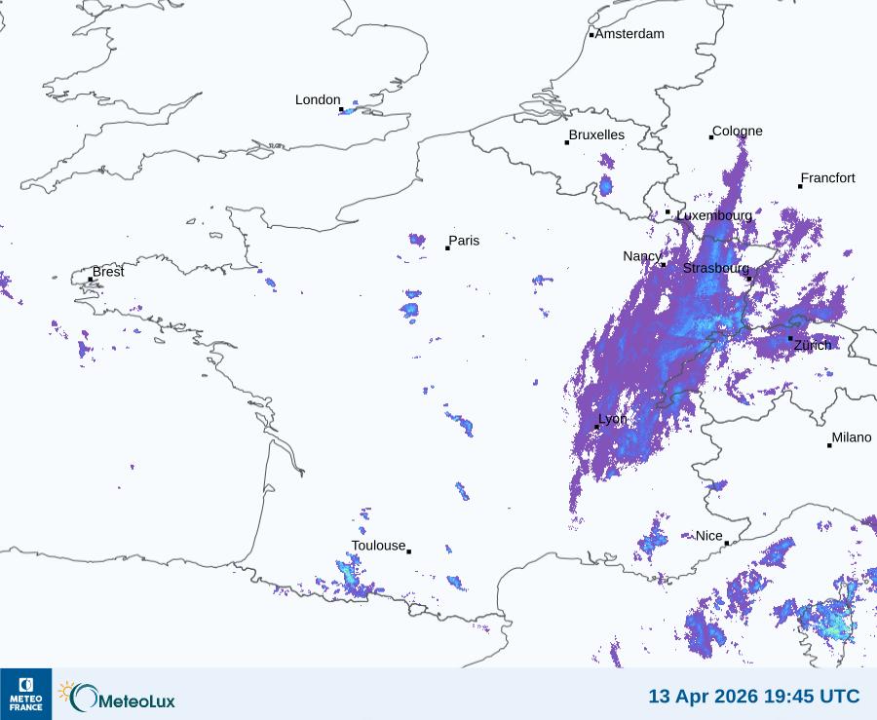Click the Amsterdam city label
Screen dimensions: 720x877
tap(629, 34)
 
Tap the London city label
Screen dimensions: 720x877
tap(318, 100)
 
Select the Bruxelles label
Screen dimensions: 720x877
tap(596, 134)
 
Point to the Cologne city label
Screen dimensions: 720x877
tap(737, 132)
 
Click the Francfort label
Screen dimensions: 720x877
tap(827, 178)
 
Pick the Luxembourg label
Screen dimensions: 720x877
tap(714, 215)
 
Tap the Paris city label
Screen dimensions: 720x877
tap(464, 241)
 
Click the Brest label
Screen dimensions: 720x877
tap(108, 272)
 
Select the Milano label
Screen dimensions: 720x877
tap(851, 437)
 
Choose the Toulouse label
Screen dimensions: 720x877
tap(378, 546)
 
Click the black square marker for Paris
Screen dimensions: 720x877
tap(447, 248)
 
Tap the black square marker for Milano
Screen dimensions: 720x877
tap(829, 445)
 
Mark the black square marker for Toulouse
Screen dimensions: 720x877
tap(408, 551)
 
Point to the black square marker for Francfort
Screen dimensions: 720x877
tap(800, 186)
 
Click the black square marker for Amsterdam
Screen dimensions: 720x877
tap(591, 35)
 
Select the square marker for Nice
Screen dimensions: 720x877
tap(726, 544)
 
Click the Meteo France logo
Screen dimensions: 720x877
tap(25, 694)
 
